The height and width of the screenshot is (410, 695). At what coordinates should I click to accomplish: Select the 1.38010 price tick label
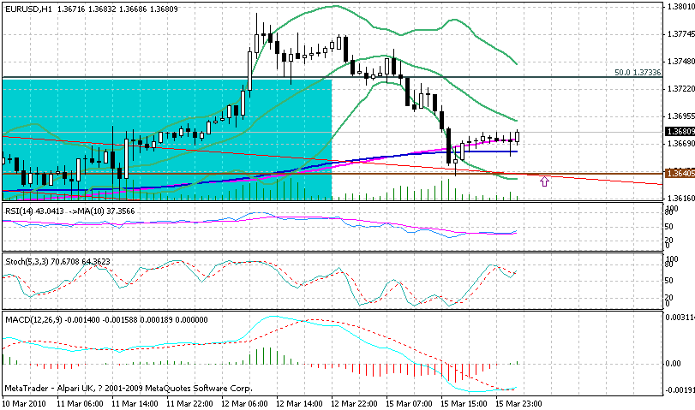point(679,7)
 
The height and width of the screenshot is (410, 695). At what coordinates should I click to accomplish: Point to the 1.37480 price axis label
point(679,62)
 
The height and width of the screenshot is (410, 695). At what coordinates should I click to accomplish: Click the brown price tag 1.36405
point(679,174)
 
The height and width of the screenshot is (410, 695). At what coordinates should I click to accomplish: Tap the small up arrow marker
point(543,181)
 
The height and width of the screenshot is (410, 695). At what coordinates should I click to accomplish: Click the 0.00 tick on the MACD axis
point(673,363)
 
